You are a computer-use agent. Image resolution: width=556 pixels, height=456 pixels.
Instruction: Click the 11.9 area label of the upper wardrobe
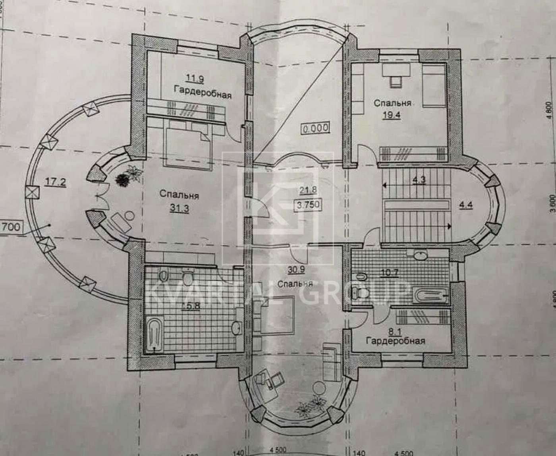pyautogui.click(x=195, y=79)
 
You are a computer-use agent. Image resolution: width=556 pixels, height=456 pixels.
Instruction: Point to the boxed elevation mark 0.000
pyautogui.click(x=315, y=128)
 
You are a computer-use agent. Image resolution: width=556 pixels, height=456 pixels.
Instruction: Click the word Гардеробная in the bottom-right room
pyautogui.click(x=396, y=340)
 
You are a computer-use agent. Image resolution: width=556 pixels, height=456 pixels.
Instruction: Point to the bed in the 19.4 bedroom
pyautogui.click(x=433, y=86)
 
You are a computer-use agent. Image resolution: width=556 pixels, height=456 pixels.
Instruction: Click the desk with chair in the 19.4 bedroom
pyautogui.click(x=396, y=75)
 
